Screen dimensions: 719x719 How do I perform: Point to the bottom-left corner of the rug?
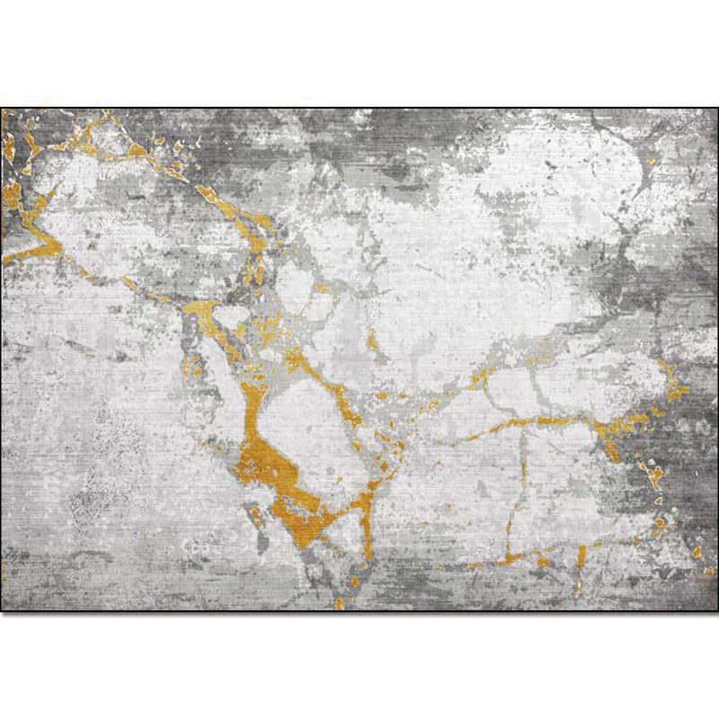coord(3,610)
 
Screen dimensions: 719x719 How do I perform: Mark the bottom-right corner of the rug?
coord(716,610)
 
